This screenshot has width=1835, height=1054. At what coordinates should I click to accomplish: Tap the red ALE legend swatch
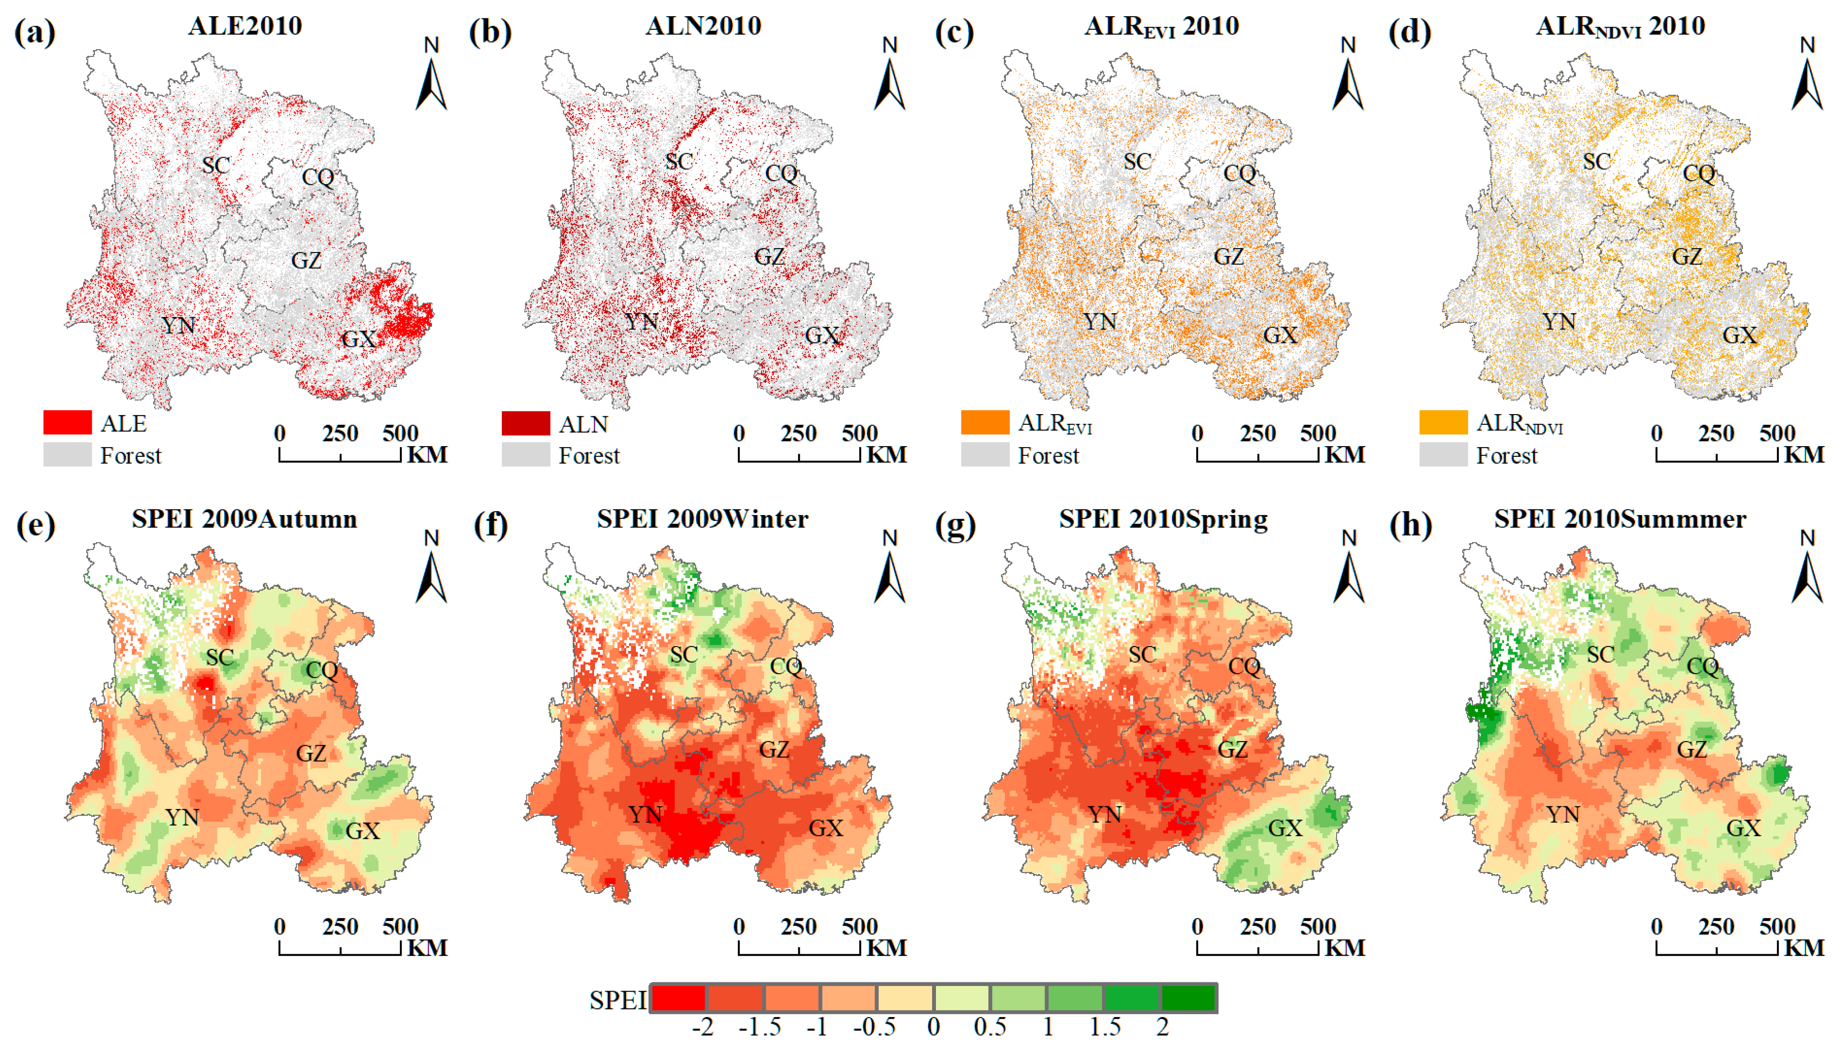[67, 422]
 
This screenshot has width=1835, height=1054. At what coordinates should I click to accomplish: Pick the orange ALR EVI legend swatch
[985, 422]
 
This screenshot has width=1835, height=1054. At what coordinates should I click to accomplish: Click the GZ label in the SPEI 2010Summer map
[1692, 749]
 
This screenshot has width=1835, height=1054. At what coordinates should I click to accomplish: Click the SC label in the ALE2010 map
[216, 165]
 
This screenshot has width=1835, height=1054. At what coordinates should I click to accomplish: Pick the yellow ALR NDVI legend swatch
[1443, 422]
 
